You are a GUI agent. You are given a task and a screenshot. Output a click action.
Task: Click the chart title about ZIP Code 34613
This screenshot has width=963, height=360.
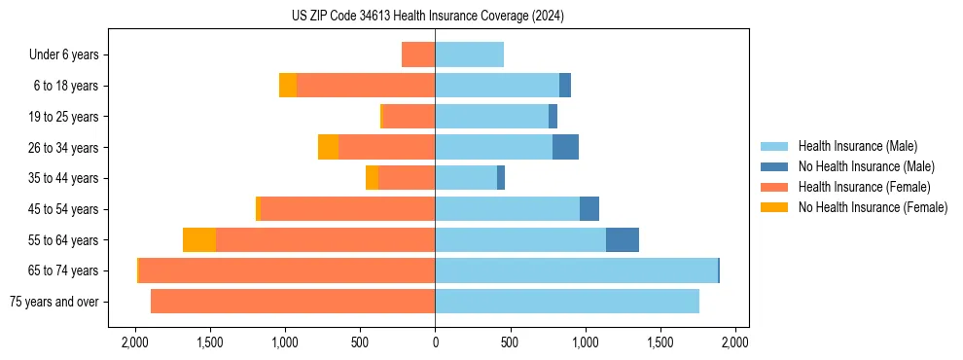[427, 17]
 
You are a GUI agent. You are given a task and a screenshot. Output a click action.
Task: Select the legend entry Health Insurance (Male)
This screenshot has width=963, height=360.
[857, 146]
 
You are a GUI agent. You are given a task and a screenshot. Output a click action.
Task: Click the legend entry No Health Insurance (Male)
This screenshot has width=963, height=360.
[866, 166]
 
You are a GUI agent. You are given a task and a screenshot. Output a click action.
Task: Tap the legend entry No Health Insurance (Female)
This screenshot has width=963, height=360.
[873, 207]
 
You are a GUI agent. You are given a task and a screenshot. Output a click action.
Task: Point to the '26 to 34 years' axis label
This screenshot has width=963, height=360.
[62, 148]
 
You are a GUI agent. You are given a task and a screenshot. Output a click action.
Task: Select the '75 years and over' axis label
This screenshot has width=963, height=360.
[54, 302]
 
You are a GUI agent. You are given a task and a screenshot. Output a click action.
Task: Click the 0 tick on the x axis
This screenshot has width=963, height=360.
[435, 343]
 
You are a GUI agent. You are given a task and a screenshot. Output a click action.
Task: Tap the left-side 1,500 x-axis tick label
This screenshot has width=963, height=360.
[209, 343]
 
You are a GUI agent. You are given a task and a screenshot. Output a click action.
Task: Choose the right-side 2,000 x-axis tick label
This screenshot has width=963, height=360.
[735, 343]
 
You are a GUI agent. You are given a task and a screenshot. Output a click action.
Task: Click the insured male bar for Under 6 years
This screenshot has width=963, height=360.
[469, 54]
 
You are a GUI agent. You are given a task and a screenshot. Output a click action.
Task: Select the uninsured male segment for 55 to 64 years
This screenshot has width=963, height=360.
[623, 239]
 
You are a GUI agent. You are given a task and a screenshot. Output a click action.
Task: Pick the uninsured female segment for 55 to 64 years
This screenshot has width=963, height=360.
[199, 239]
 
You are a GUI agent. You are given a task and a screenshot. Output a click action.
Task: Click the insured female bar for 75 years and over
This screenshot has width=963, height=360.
[293, 302]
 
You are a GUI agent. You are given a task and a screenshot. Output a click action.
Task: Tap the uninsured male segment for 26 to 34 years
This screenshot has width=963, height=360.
[565, 147]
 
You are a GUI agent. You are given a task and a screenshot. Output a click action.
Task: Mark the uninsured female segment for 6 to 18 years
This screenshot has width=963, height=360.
[288, 86]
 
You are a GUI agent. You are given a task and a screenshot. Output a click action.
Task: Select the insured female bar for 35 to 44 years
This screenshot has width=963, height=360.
[407, 178]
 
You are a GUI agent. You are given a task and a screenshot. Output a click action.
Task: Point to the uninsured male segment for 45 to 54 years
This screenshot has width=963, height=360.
[589, 209]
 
